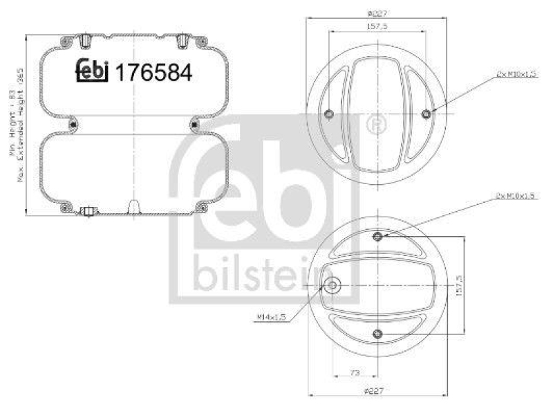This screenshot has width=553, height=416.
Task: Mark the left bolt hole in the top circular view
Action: pos(328,114)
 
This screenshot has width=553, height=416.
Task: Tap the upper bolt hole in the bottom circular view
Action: pos(377,237)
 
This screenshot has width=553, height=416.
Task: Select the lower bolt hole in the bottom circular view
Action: pos(377,335)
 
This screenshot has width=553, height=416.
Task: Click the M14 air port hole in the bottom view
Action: pos(333,286)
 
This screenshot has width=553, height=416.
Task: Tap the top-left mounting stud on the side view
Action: pos(84,42)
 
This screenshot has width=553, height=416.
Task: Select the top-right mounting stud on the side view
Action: pos(182,42)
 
